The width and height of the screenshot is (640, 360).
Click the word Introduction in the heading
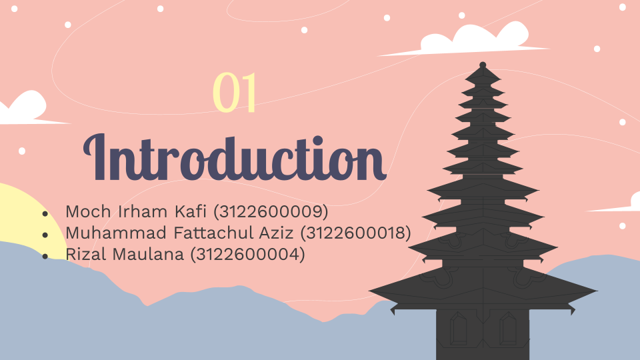coord(235,157)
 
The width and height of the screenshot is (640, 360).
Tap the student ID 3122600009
coord(271,211)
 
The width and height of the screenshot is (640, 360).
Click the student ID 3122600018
coord(355,233)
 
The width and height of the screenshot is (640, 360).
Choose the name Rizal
coord(86,254)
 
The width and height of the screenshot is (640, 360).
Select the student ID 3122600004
coord(248,254)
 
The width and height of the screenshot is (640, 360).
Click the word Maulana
coord(148,254)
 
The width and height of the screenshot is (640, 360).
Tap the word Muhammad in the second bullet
coord(117,233)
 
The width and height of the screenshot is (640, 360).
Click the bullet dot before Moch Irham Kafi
coord(45,213)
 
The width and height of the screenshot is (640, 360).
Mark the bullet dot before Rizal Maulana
coord(45,256)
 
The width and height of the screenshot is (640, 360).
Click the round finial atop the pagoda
coord(483,65)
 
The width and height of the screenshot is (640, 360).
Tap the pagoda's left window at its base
coord(458,329)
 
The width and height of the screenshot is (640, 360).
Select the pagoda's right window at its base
coord(508,329)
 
